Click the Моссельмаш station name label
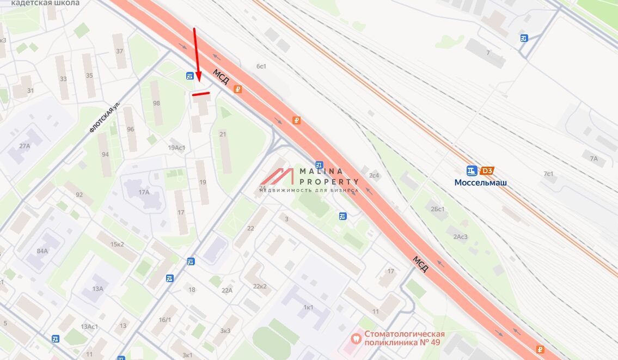(480, 183)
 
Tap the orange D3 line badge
(487, 171)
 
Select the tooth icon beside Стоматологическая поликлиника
(357, 338)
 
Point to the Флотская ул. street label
(105, 119)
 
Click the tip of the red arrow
(199, 82)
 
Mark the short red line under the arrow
(201, 94)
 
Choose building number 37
(120, 51)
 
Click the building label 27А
(25, 146)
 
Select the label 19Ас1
(176, 148)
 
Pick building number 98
(157, 103)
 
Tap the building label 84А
(42, 251)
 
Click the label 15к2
(117, 244)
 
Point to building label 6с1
(261, 66)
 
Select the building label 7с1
(548, 174)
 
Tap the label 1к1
(308, 308)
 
